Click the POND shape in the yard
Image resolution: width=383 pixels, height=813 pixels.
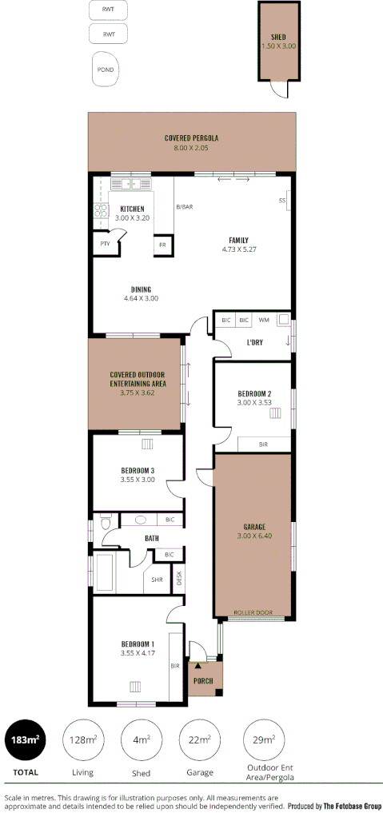click(106, 70)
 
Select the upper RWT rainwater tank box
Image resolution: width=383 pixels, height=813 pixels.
click(108, 11)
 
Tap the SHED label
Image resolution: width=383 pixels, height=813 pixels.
click(278, 37)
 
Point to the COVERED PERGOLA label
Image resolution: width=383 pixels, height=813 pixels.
click(191, 137)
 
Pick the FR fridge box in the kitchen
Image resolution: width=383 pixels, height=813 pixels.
click(162, 245)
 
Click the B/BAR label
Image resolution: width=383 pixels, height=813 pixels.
click(185, 207)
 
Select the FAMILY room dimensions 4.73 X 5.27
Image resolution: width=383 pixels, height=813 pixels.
click(238, 249)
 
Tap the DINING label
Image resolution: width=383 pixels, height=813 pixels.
click(141, 289)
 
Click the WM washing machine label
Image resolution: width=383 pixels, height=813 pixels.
click(264, 320)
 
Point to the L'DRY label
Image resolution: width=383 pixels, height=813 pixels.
click(255, 342)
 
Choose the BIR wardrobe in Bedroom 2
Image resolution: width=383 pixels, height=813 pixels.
click(263, 444)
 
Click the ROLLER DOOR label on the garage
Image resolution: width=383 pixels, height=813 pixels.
click(253, 613)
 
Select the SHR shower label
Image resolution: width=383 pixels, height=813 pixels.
click(158, 580)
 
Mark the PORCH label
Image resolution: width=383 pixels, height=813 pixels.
click(204, 682)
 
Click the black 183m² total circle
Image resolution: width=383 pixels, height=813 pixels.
click(25, 740)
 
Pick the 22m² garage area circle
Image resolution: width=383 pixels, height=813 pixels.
click(198, 740)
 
